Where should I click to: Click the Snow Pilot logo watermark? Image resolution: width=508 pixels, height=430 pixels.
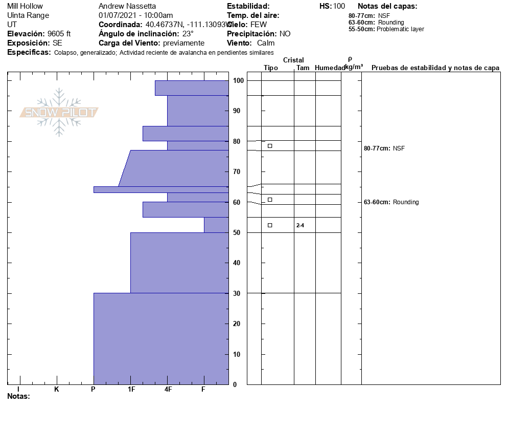pyautogui.click(x=59, y=112)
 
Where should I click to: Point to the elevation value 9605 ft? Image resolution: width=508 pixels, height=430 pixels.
pyautogui.click(x=59, y=34)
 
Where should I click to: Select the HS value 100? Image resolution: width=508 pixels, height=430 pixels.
pyautogui.click(x=339, y=6)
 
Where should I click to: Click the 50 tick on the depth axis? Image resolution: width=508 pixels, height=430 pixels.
pyautogui.click(x=238, y=233)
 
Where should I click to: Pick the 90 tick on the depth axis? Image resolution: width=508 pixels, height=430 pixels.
pyautogui.click(x=238, y=111)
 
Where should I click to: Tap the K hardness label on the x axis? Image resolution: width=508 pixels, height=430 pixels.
pyautogui.click(x=57, y=390)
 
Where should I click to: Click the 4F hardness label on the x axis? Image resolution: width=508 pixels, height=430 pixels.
pyautogui.click(x=168, y=390)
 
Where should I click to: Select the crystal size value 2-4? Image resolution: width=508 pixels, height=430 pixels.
pyautogui.click(x=300, y=225)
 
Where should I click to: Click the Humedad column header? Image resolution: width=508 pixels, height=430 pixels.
pyautogui.click(x=330, y=68)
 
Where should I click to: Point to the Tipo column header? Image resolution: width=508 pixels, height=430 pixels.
pyautogui.click(x=271, y=68)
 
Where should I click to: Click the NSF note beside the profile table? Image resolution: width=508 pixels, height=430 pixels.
pyautogui.click(x=399, y=148)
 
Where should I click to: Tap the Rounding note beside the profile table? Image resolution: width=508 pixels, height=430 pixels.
pyautogui.click(x=405, y=202)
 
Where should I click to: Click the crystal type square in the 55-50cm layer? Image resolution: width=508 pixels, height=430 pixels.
pyautogui.click(x=270, y=225)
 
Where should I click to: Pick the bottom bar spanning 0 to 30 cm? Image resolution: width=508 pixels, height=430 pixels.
pyautogui.click(x=161, y=338)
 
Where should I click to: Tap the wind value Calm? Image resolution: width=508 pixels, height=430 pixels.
pyautogui.click(x=266, y=43)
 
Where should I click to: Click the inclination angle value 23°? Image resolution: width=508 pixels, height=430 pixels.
pyautogui.click(x=188, y=34)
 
